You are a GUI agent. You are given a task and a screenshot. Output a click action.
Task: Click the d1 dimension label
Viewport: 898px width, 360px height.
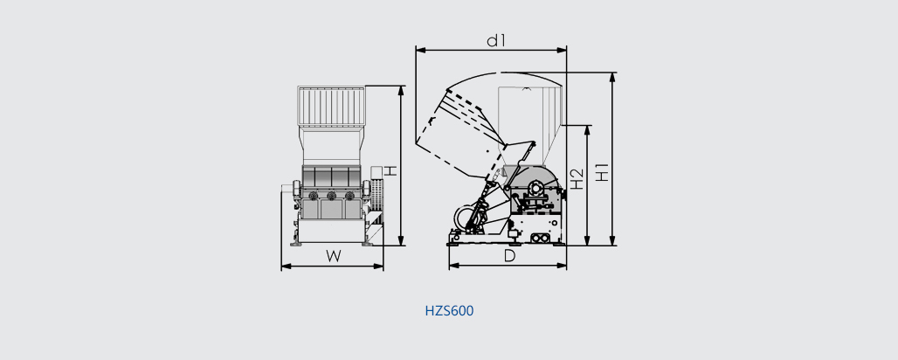tap(496, 41)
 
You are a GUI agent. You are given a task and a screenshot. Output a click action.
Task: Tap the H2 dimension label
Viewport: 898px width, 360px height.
tap(577, 179)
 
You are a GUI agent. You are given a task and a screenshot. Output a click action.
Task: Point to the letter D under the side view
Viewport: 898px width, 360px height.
tap(509, 256)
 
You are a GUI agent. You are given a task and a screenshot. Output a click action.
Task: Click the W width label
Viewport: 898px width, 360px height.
tap(334, 256)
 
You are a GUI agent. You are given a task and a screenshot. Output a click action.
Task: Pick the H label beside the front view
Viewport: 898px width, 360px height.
tap(390, 171)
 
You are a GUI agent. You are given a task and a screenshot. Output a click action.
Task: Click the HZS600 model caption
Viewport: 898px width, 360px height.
tap(450, 311)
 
